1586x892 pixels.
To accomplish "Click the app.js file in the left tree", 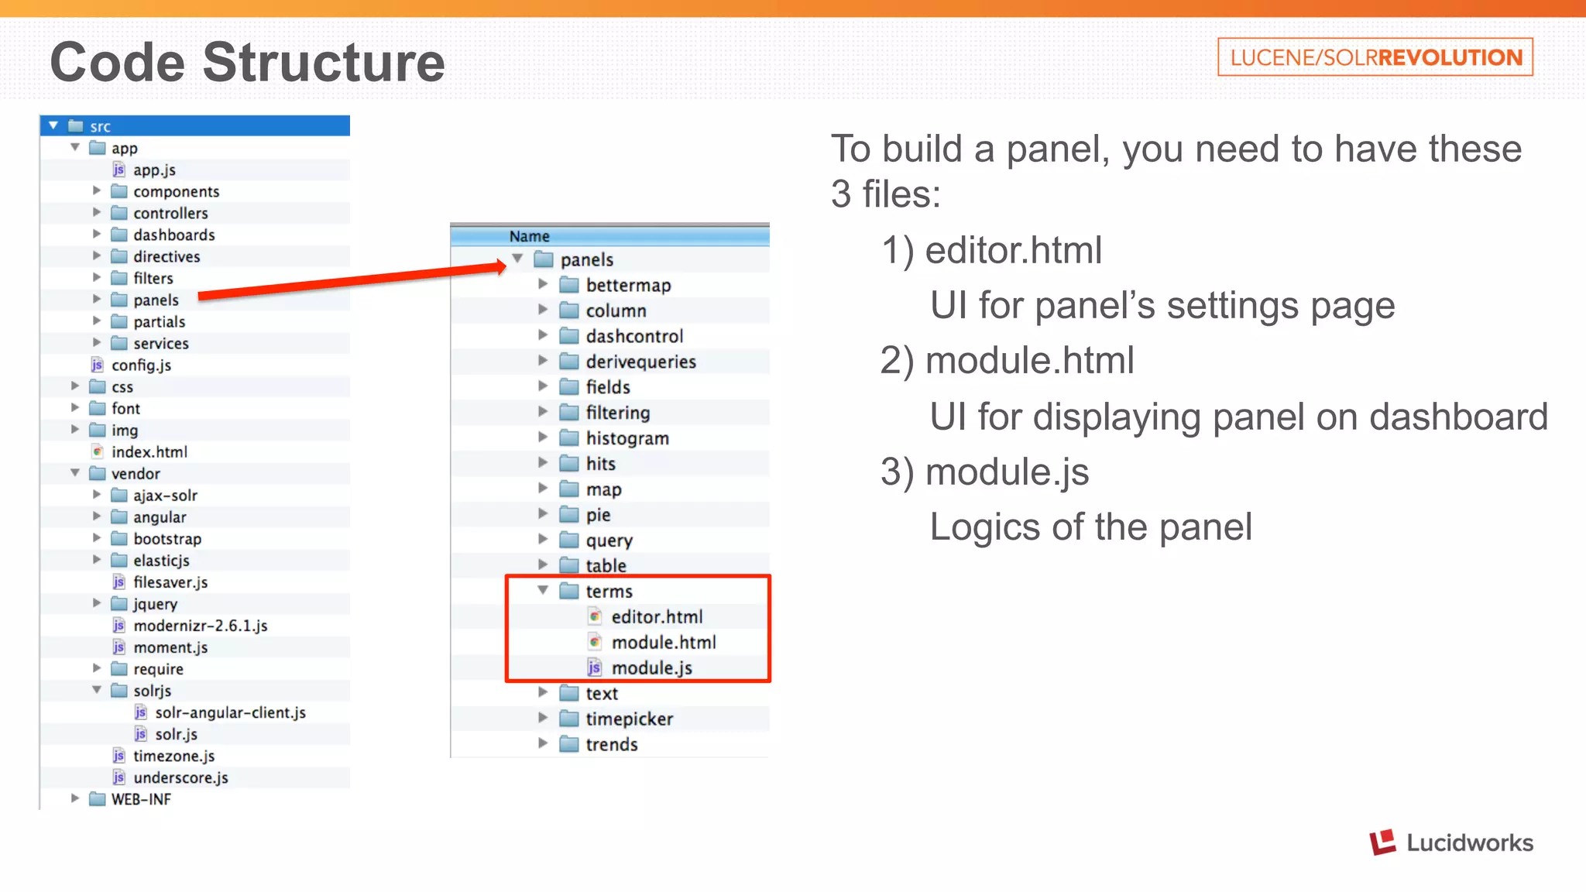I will click(153, 170).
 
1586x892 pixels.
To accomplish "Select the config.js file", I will click(140, 365).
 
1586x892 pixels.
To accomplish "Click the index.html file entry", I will click(149, 451).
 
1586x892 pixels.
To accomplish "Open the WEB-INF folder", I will click(140, 799).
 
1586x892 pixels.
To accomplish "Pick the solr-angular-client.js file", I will click(230, 712).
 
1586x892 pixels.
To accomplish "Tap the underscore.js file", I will click(180, 777).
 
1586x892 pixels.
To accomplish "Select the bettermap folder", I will click(627, 285).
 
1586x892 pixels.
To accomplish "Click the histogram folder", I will click(627, 438).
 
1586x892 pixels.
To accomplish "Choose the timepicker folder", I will click(629, 719).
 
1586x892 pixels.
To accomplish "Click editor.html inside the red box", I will click(657, 617).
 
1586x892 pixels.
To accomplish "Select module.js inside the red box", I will click(651, 667).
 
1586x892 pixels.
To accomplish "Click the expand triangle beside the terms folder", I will click(543, 591).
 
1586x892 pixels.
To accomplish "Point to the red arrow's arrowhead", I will click(499, 267).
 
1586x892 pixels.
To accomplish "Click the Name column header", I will click(530, 236).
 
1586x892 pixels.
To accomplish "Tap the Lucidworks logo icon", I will click(1382, 842).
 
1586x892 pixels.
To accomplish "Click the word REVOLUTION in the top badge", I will click(1450, 57).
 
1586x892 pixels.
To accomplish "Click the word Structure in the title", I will click(324, 62).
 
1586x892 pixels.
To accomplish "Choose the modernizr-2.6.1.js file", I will click(200, 626).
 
